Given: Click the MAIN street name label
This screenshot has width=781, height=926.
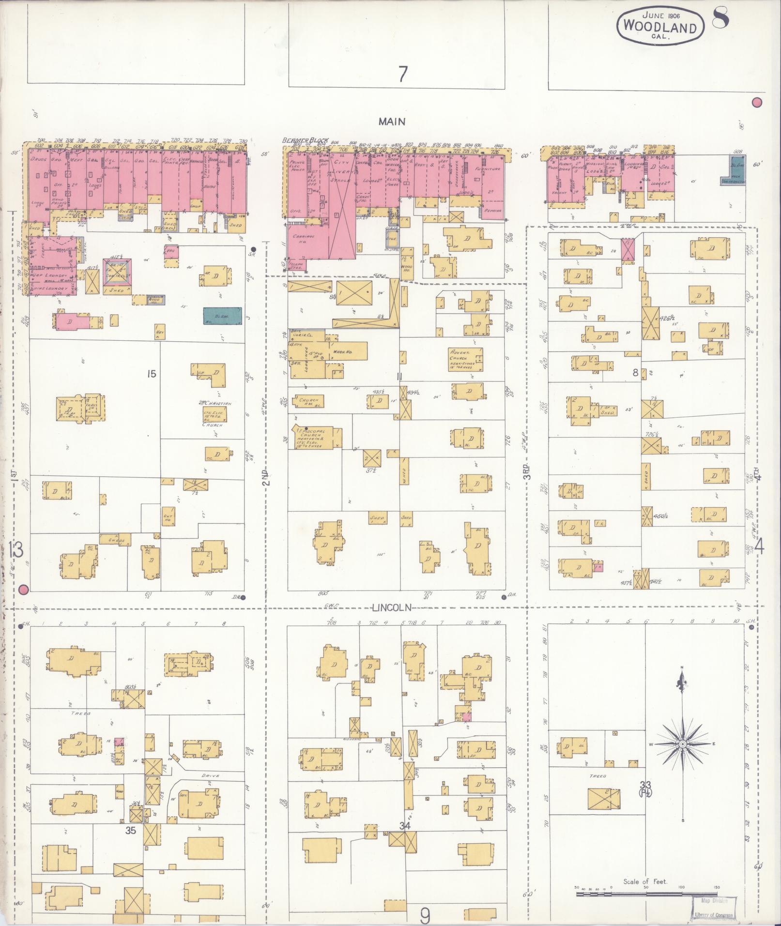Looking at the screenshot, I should [x=392, y=122].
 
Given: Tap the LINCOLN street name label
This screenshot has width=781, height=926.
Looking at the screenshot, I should [x=398, y=607].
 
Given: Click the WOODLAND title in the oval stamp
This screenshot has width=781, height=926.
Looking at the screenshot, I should [x=660, y=28].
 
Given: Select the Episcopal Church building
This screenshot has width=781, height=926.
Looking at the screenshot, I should [x=316, y=437].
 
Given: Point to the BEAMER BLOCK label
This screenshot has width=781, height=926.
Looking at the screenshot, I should [x=305, y=141].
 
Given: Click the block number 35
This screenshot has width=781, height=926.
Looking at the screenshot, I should [x=131, y=830].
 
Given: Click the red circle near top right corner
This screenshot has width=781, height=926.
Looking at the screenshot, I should [x=757, y=103].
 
